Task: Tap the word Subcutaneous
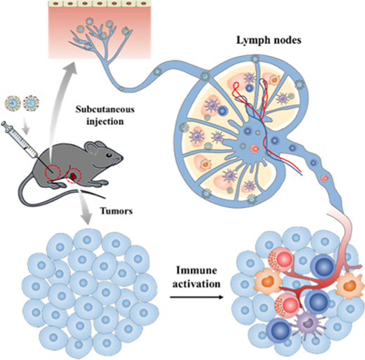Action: point(105,109)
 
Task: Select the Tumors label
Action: point(117,211)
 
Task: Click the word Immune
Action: point(197,270)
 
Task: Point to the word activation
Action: point(197,284)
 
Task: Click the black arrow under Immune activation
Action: point(197,298)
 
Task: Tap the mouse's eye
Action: point(109,155)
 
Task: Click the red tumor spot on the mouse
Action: point(73,176)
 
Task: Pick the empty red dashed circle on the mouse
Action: point(53,173)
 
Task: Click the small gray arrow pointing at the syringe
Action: point(27,128)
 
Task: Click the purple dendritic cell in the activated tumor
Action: point(307,324)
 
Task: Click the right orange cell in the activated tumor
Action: point(350,285)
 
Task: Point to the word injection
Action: point(105,122)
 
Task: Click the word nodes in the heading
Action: point(286,41)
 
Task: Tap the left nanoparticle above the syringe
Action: point(13,102)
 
